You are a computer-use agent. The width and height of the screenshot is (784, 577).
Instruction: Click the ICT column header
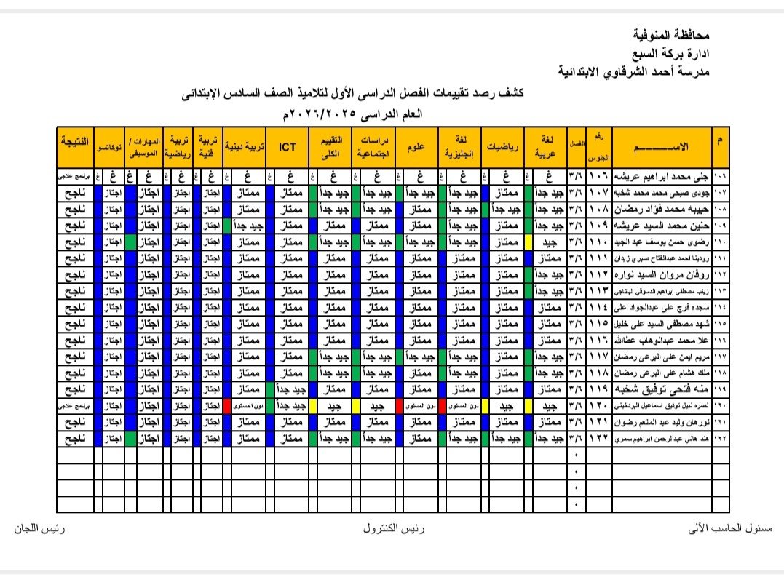(286, 146)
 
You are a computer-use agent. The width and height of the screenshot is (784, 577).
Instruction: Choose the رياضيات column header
(502, 146)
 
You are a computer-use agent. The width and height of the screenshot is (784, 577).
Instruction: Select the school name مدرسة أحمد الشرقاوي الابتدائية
(633, 72)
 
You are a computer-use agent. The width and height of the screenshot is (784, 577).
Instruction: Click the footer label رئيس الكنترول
(394, 529)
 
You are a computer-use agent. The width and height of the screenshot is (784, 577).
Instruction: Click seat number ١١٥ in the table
(599, 322)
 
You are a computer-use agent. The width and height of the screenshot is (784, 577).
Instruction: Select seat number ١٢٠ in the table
(599, 405)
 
